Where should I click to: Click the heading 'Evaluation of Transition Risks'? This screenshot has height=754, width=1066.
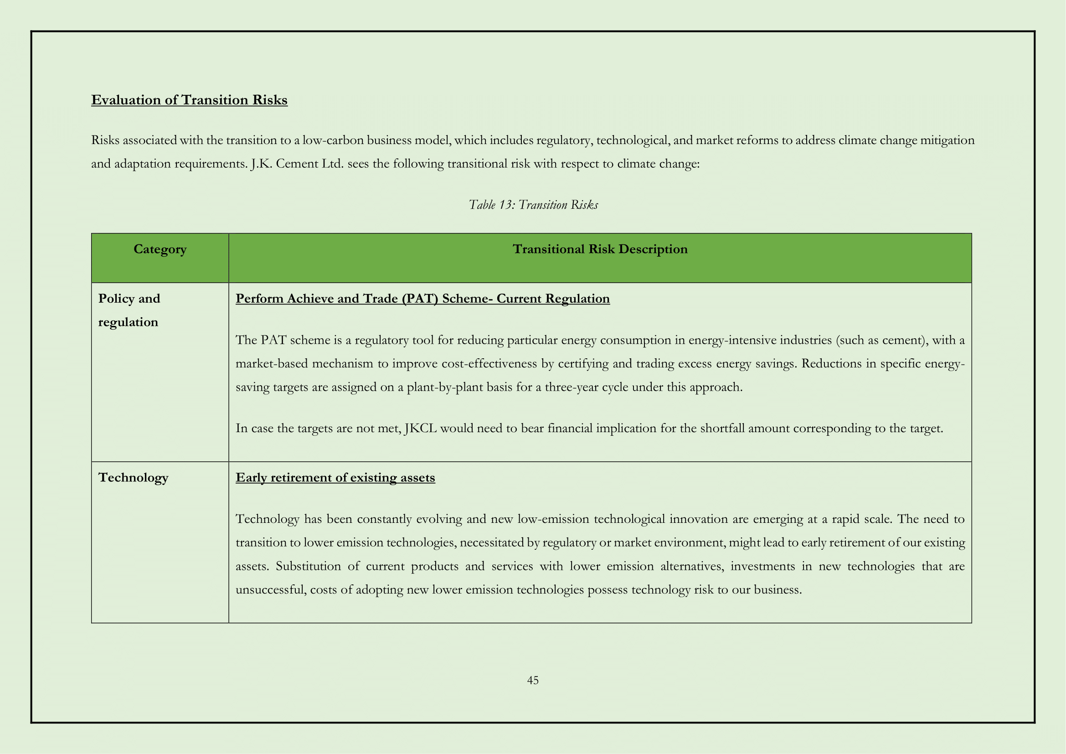[189, 100]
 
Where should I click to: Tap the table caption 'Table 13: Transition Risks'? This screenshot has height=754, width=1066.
[533, 205]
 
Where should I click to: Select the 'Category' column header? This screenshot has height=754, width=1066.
[160, 249]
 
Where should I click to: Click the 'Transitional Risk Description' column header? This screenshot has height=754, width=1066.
[600, 249]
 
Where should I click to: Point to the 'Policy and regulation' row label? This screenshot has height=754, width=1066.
[129, 310]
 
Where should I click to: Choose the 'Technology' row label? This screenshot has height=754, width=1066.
[133, 477]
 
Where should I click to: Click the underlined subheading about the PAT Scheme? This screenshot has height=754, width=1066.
[422, 299]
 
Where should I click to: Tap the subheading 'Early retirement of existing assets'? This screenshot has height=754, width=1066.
[335, 477]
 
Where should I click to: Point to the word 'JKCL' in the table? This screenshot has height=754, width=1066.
[421, 428]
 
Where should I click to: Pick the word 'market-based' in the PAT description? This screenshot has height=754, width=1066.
[272, 363]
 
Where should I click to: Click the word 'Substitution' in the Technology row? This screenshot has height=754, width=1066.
[308, 567]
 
